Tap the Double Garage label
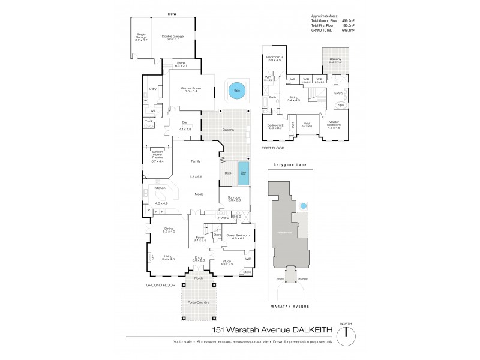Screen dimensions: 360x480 click(172, 37)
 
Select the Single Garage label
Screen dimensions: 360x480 click(142, 37)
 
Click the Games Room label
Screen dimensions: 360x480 click(191, 90)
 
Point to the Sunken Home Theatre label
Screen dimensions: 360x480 click(157, 156)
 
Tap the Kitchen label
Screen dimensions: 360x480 click(160, 188)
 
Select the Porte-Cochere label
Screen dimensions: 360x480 click(199, 302)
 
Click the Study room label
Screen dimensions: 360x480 click(226, 262)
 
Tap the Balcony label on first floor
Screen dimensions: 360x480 click(334, 59)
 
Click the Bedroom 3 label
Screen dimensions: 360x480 click(274, 58)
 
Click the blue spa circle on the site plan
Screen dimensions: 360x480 click(303, 206)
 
